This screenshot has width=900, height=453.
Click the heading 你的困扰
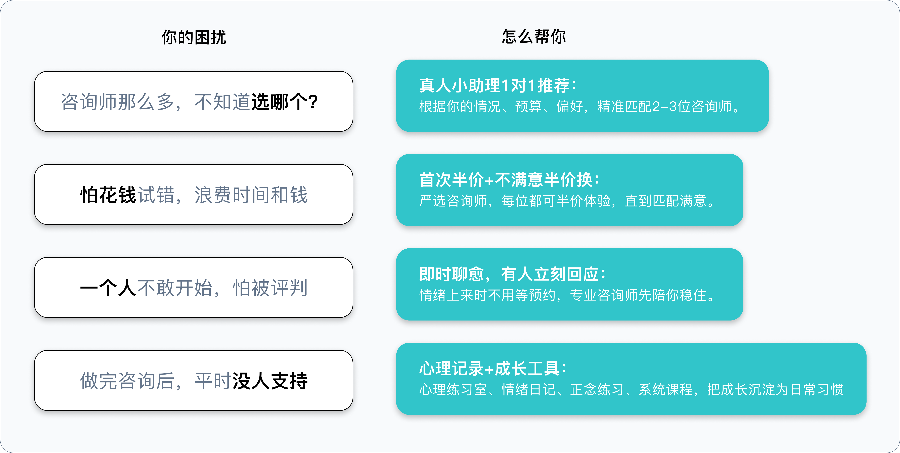[194, 37]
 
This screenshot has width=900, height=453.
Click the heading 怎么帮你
[534, 36]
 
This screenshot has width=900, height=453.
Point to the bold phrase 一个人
[108, 288]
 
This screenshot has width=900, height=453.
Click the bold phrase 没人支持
[270, 381]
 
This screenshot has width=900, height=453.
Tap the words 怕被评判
[270, 288]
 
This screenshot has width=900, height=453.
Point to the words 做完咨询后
[127, 381]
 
